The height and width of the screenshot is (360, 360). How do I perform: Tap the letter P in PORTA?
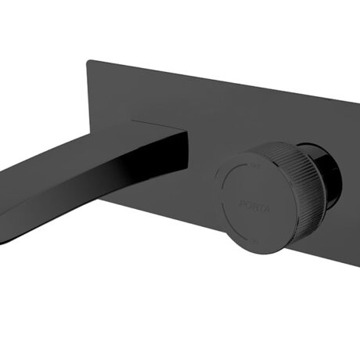point(239,202)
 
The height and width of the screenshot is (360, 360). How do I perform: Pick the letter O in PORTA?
point(244,203)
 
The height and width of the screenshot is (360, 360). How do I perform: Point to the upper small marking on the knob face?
point(254,166)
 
